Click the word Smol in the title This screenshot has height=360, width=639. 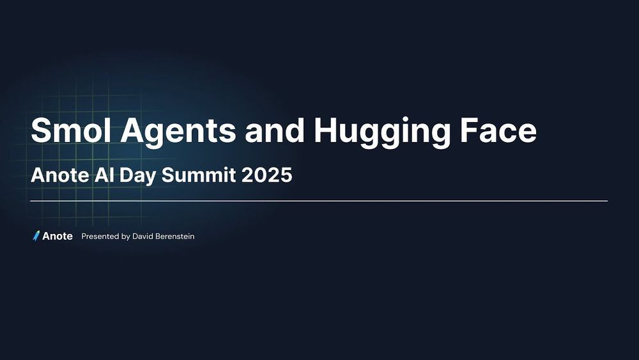click(x=71, y=130)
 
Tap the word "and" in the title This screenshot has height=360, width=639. click(x=275, y=130)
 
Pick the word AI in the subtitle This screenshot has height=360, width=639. click(x=104, y=175)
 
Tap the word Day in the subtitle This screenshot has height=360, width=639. click(x=138, y=176)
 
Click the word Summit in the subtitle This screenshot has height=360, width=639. click(x=199, y=175)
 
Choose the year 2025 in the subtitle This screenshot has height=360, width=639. click(x=267, y=175)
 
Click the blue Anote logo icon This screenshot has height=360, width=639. click(x=36, y=236)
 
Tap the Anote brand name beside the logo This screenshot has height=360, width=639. click(x=58, y=237)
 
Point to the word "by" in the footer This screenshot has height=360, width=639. click(x=125, y=237)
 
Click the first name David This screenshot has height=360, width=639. click(x=142, y=237)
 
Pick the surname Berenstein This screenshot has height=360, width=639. click(x=175, y=237)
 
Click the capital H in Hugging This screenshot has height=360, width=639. click(x=325, y=130)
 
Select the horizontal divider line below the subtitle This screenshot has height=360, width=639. click(x=319, y=201)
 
